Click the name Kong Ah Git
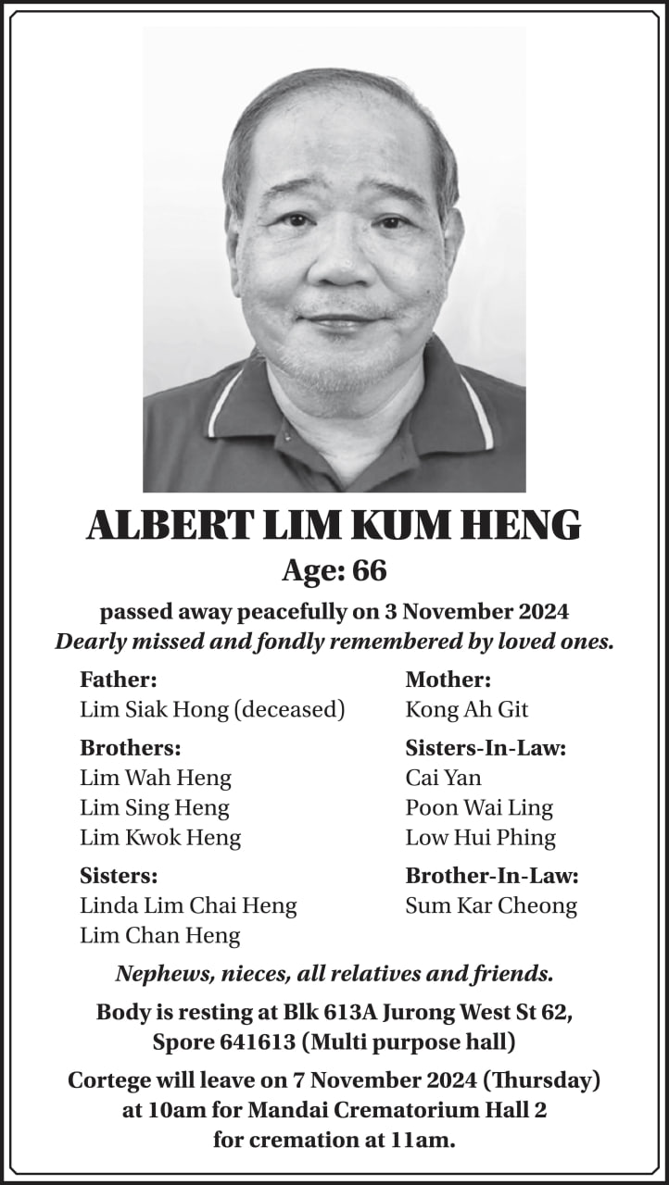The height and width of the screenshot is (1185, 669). pyautogui.click(x=466, y=710)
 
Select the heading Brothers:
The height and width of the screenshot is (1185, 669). pyautogui.click(x=131, y=748)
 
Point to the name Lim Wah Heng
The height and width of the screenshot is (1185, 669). pyautogui.click(x=156, y=778)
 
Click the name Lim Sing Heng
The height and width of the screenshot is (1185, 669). pyautogui.click(x=154, y=807)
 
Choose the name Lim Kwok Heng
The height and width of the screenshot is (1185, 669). pyautogui.click(x=160, y=838)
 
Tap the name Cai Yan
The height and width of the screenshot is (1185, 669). pyautogui.click(x=443, y=778)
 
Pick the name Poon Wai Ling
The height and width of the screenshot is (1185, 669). pyautogui.click(x=479, y=807)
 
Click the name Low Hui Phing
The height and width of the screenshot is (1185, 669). pyautogui.click(x=480, y=838)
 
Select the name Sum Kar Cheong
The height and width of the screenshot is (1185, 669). pyautogui.click(x=491, y=905)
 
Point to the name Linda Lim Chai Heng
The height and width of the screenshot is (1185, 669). pyautogui.click(x=188, y=905)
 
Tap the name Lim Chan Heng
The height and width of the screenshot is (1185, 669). pyautogui.click(x=159, y=936)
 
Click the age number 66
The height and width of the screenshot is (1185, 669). pyautogui.click(x=369, y=571)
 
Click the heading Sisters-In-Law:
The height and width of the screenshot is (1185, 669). pyautogui.click(x=486, y=748)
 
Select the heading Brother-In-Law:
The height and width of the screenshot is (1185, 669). pyautogui.click(x=492, y=876)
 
